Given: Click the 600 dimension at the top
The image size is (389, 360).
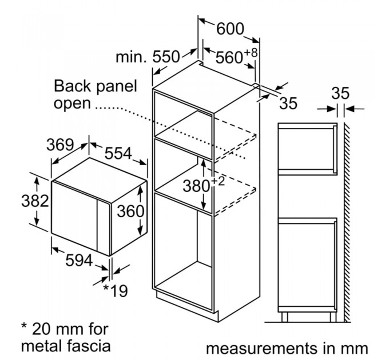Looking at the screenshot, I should pos(230,28).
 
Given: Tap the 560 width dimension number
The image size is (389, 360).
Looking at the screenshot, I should pos(229,57).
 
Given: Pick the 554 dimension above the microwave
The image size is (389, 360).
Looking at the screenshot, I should pos(118,153).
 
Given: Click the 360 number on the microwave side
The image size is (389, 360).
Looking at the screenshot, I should pos(131,211).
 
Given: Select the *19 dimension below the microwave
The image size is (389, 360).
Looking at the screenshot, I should pos(115,290).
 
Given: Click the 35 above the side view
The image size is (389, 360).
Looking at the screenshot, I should pos(341,93).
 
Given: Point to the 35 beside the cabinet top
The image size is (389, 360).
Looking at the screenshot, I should pos(289,103).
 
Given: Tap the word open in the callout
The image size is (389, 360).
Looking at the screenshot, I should pos(73,103).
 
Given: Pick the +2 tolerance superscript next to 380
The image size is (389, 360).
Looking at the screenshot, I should pos(217,181).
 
